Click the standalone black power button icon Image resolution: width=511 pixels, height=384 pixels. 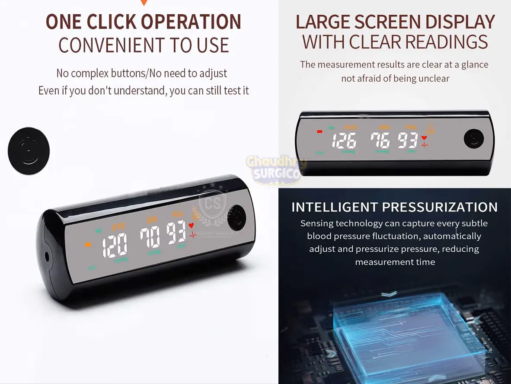[29, 151]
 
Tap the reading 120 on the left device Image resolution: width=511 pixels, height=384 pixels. [115, 245]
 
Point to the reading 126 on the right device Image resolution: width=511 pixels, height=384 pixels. [344, 141]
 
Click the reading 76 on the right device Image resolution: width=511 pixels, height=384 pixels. [380, 140]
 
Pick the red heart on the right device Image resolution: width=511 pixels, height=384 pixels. [424, 138]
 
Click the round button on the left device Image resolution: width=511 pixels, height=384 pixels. [236, 217]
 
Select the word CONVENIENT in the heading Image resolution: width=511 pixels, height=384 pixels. [110, 45]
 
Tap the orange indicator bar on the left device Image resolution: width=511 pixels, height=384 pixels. [88, 244]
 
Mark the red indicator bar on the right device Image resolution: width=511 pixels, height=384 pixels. [320, 131]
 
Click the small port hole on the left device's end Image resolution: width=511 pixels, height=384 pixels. [47, 256]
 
